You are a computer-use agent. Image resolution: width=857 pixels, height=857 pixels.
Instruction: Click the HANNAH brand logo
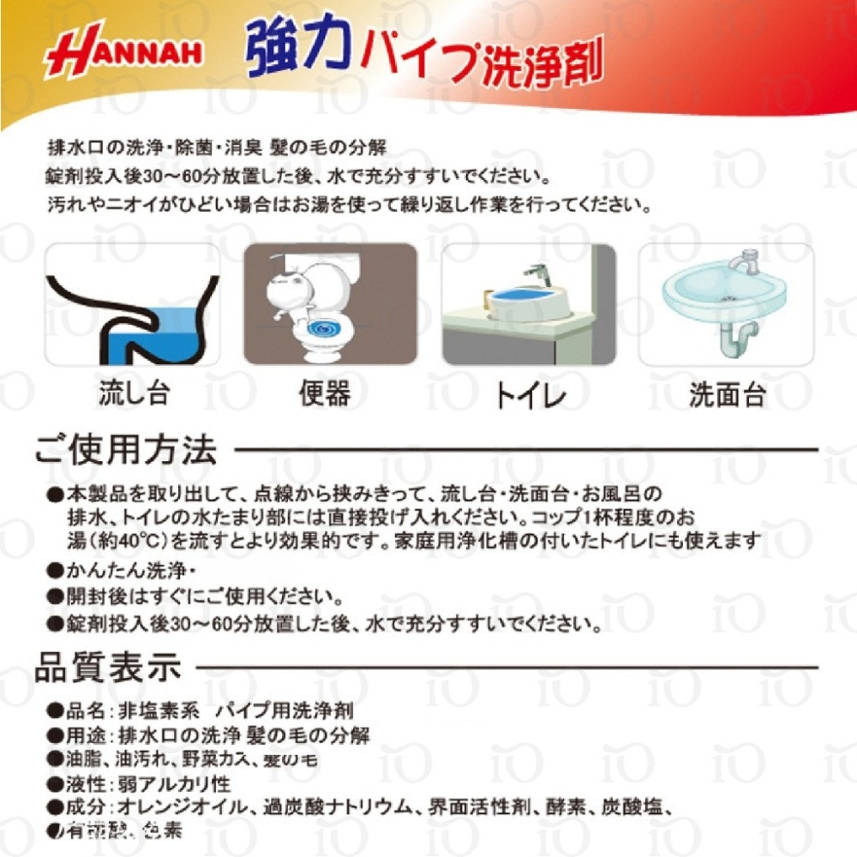click(124, 56)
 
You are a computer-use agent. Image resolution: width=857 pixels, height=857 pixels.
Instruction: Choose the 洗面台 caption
click(727, 397)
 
